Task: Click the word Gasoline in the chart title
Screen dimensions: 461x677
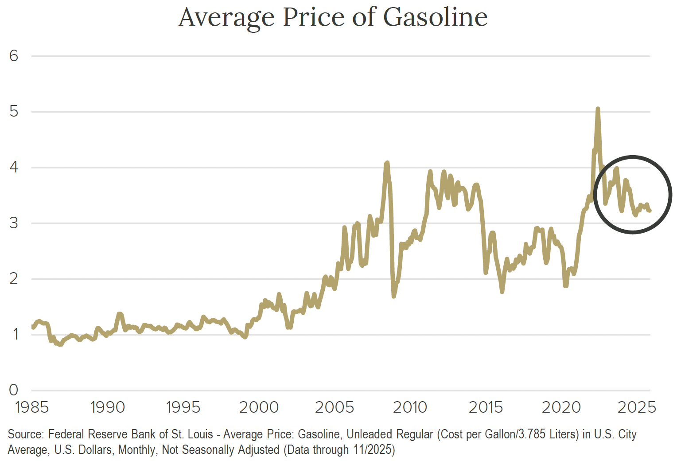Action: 435,17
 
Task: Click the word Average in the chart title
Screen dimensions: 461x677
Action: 227,17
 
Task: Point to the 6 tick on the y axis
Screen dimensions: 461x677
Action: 14,56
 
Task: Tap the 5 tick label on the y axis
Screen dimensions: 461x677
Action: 14,111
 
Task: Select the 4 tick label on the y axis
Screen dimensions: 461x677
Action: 14,167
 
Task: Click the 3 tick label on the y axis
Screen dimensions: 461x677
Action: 14,223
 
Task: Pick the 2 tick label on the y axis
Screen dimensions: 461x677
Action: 14,278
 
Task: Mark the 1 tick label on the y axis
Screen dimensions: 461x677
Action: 14,334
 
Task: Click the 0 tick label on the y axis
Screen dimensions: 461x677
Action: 14,390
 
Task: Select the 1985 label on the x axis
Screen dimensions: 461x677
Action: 32,407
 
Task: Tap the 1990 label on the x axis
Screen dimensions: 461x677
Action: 108,407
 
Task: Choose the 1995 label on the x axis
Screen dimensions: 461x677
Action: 183,407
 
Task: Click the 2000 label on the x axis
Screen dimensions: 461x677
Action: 259,407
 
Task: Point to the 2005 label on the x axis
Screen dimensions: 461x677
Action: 335,407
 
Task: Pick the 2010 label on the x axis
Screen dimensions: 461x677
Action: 410,407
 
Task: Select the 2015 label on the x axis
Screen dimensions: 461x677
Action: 486,407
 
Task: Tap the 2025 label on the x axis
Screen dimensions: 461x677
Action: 637,407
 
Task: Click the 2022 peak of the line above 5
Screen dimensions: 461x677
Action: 598,109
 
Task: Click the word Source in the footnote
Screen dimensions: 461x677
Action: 25,434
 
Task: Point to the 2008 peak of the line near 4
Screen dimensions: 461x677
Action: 387,163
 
